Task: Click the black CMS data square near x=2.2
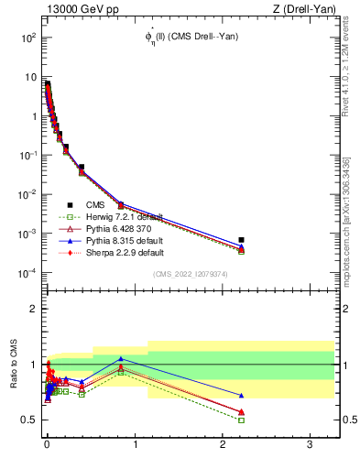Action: pyautogui.click(x=242, y=240)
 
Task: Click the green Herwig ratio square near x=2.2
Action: pyautogui.click(x=242, y=420)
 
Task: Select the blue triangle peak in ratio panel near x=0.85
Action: pyautogui.click(x=121, y=358)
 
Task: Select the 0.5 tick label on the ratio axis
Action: pyautogui.click(x=28, y=420)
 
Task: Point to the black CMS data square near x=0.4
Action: pyautogui.click(x=82, y=168)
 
